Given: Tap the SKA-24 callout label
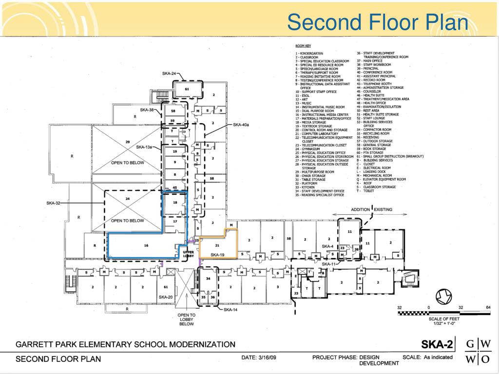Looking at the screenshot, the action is [x=170, y=74].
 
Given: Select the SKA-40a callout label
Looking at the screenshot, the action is [x=241, y=125].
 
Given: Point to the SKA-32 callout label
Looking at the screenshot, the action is [x=53, y=203].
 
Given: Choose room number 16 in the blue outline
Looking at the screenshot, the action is [x=146, y=246].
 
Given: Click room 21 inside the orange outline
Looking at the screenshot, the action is [x=218, y=245].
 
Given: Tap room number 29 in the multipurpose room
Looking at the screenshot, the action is [x=127, y=142].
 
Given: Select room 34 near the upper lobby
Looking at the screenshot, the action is [x=208, y=279].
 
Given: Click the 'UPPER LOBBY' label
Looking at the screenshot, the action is [x=189, y=254].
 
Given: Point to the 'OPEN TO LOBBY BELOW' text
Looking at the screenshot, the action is [x=187, y=319].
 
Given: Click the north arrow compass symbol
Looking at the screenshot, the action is [x=443, y=296].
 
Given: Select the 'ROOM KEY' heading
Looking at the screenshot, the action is [x=303, y=46].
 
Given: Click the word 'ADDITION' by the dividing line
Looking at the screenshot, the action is [x=360, y=209].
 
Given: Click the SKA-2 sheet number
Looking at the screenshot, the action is [x=437, y=345].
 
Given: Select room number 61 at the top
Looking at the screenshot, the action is [x=187, y=89].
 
